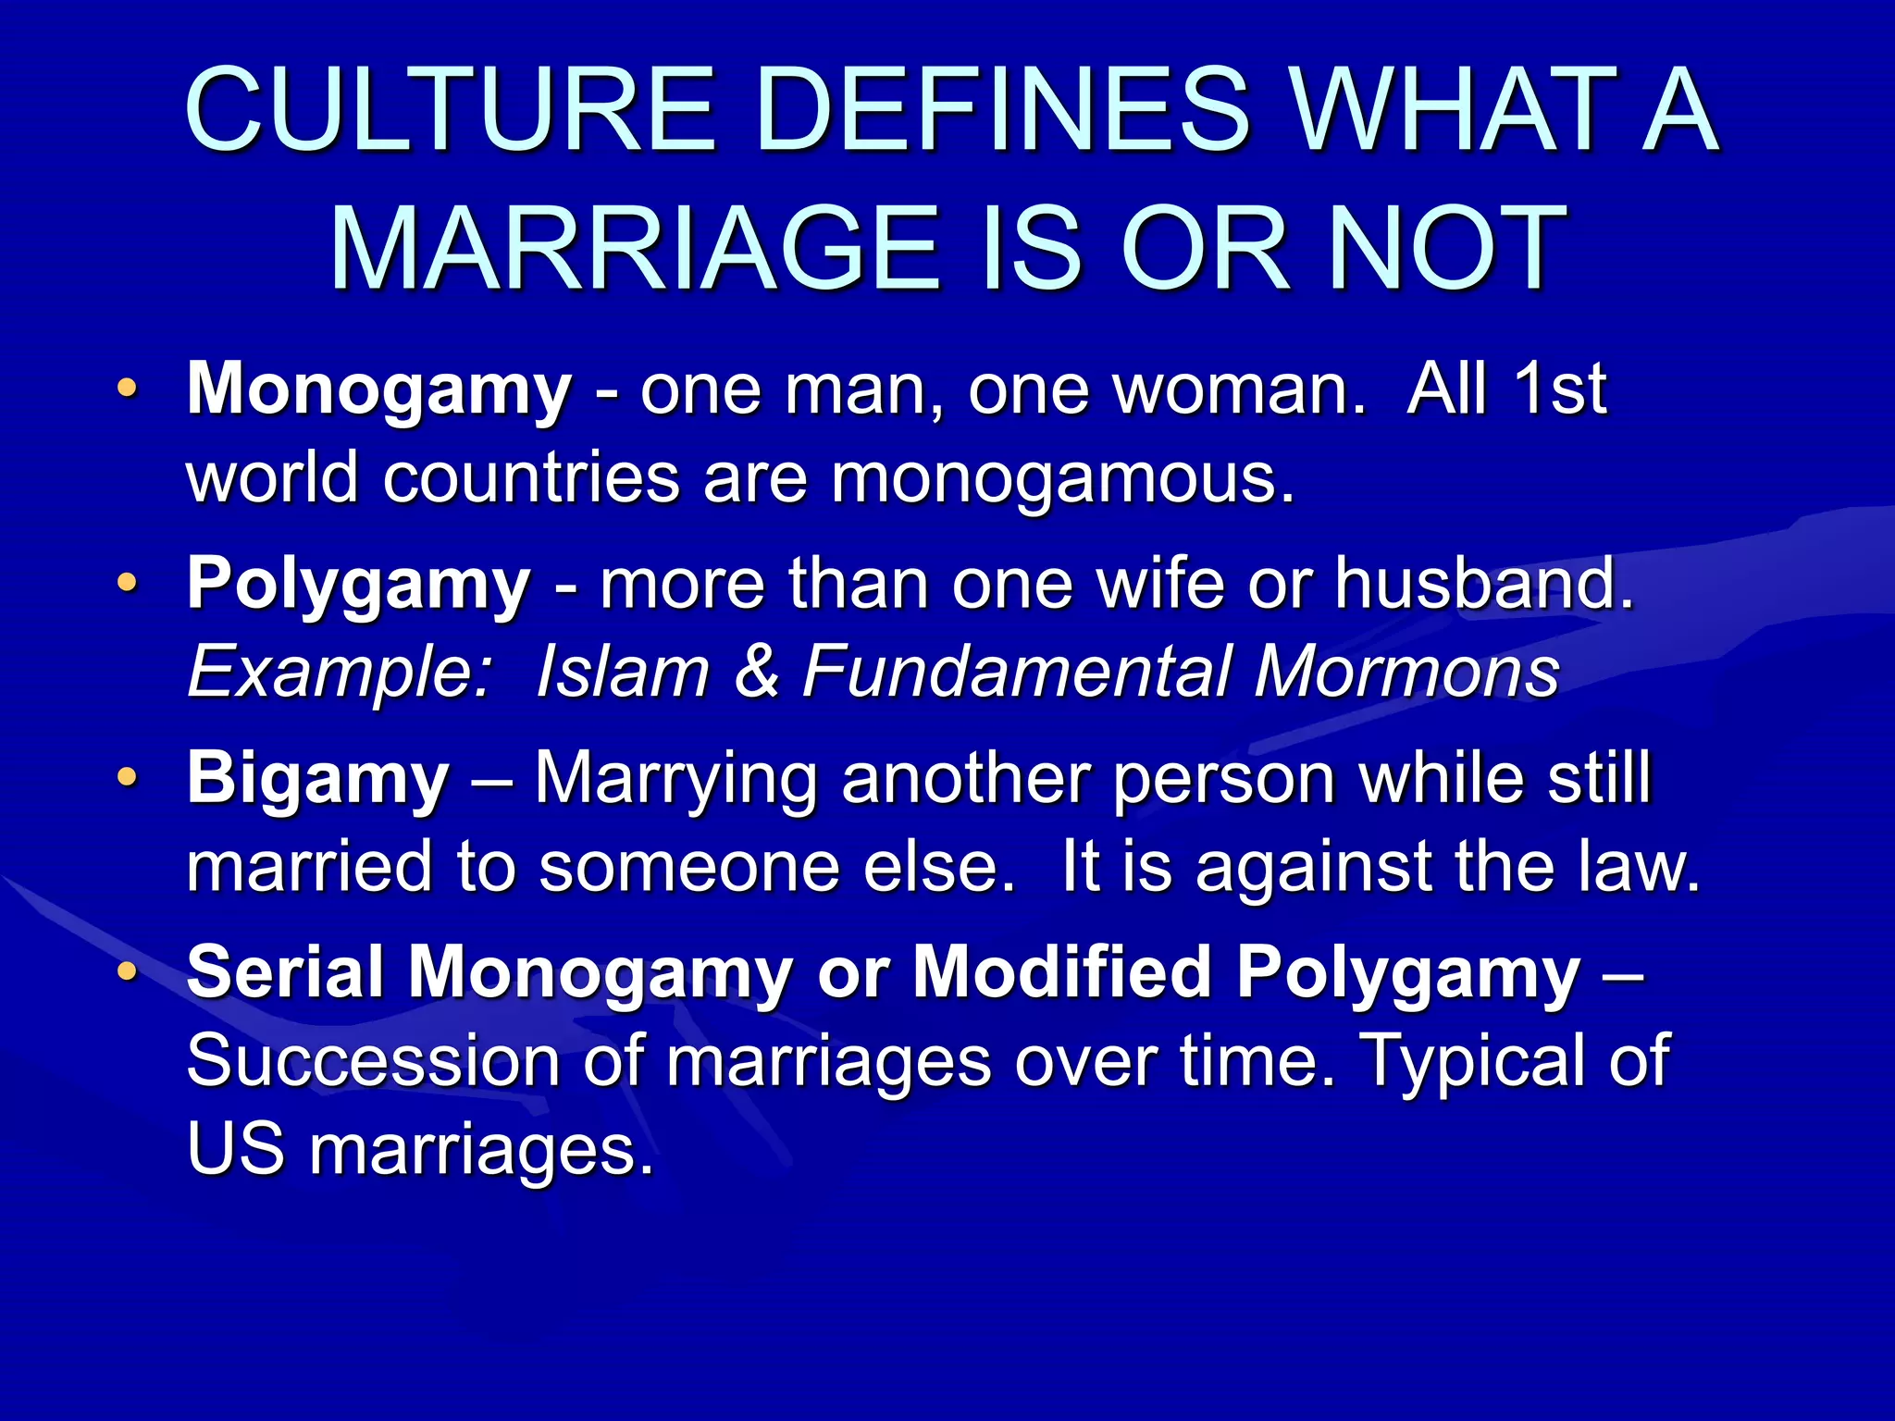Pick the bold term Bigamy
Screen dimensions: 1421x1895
318,779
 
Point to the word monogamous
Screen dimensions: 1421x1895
1062,478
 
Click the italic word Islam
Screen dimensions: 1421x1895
623,672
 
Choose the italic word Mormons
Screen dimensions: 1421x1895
1406,672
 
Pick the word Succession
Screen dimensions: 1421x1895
374,1061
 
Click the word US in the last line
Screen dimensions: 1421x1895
235,1149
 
